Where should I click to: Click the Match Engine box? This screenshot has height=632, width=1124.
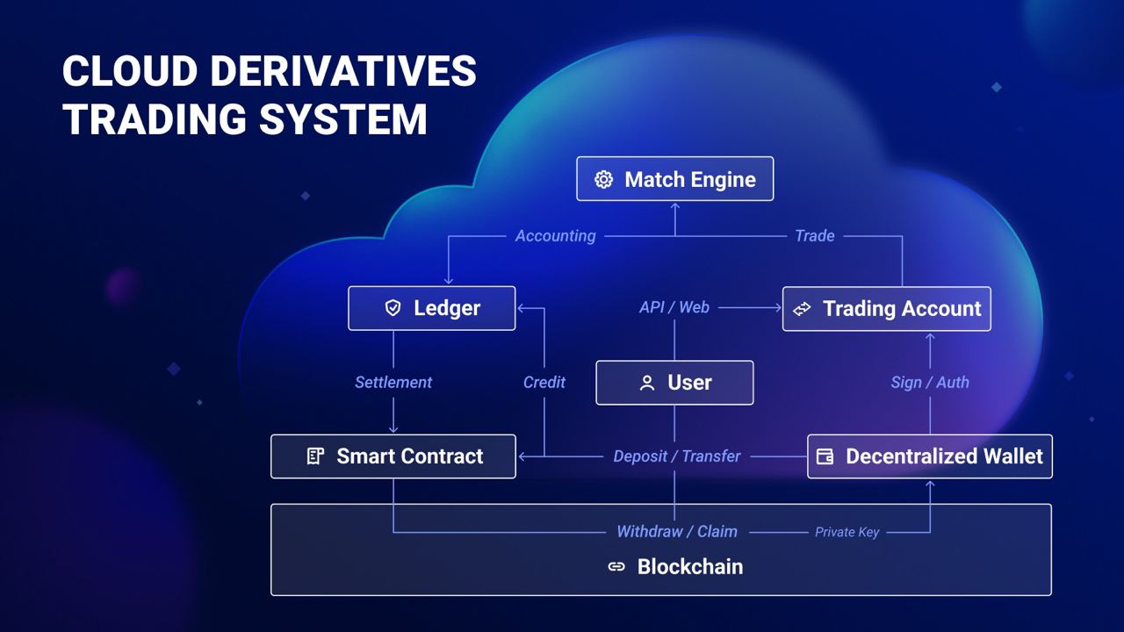pyautogui.click(x=674, y=179)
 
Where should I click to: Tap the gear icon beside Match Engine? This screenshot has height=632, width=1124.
pyautogui.click(x=603, y=179)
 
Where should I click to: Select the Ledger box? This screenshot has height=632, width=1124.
pyautogui.click(x=431, y=308)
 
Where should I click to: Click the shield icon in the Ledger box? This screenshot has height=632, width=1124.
pyautogui.click(x=393, y=308)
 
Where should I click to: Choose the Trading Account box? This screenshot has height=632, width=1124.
pyautogui.click(x=886, y=309)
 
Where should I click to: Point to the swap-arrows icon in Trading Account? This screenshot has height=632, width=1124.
pyautogui.click(x=802, y=309)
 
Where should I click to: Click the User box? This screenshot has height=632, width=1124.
pyautogui.click(x=674, y=383)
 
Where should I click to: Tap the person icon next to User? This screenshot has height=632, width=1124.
pyautogui.click(x=647, y=383)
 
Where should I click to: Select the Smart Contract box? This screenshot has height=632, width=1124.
pyautogui.click(x=393, y=456)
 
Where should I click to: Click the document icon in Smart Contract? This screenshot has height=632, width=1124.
pyautogui.click(x=315, y=456)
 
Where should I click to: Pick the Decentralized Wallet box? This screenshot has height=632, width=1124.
pyautogui.click(x=929, y=456)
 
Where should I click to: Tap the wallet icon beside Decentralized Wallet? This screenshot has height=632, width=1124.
pyautogui.click(x=825, y=456)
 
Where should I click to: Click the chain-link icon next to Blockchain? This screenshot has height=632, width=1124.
pyautogui.click(x=616, y=567)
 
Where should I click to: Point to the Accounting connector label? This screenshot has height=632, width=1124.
pyautogui.click(x=555, y=236)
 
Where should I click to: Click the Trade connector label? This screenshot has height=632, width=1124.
pyautogui.click(x=814, y=236)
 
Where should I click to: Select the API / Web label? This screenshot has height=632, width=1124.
pyautogui.click(x=674, y=307)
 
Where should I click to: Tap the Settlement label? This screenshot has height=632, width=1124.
pyautogui.click(x=393, y=383)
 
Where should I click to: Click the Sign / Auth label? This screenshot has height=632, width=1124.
pyautogui.click(x=929, y=383)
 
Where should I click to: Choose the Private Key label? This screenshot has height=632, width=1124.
pyautogui.click(x=847, y=532)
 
